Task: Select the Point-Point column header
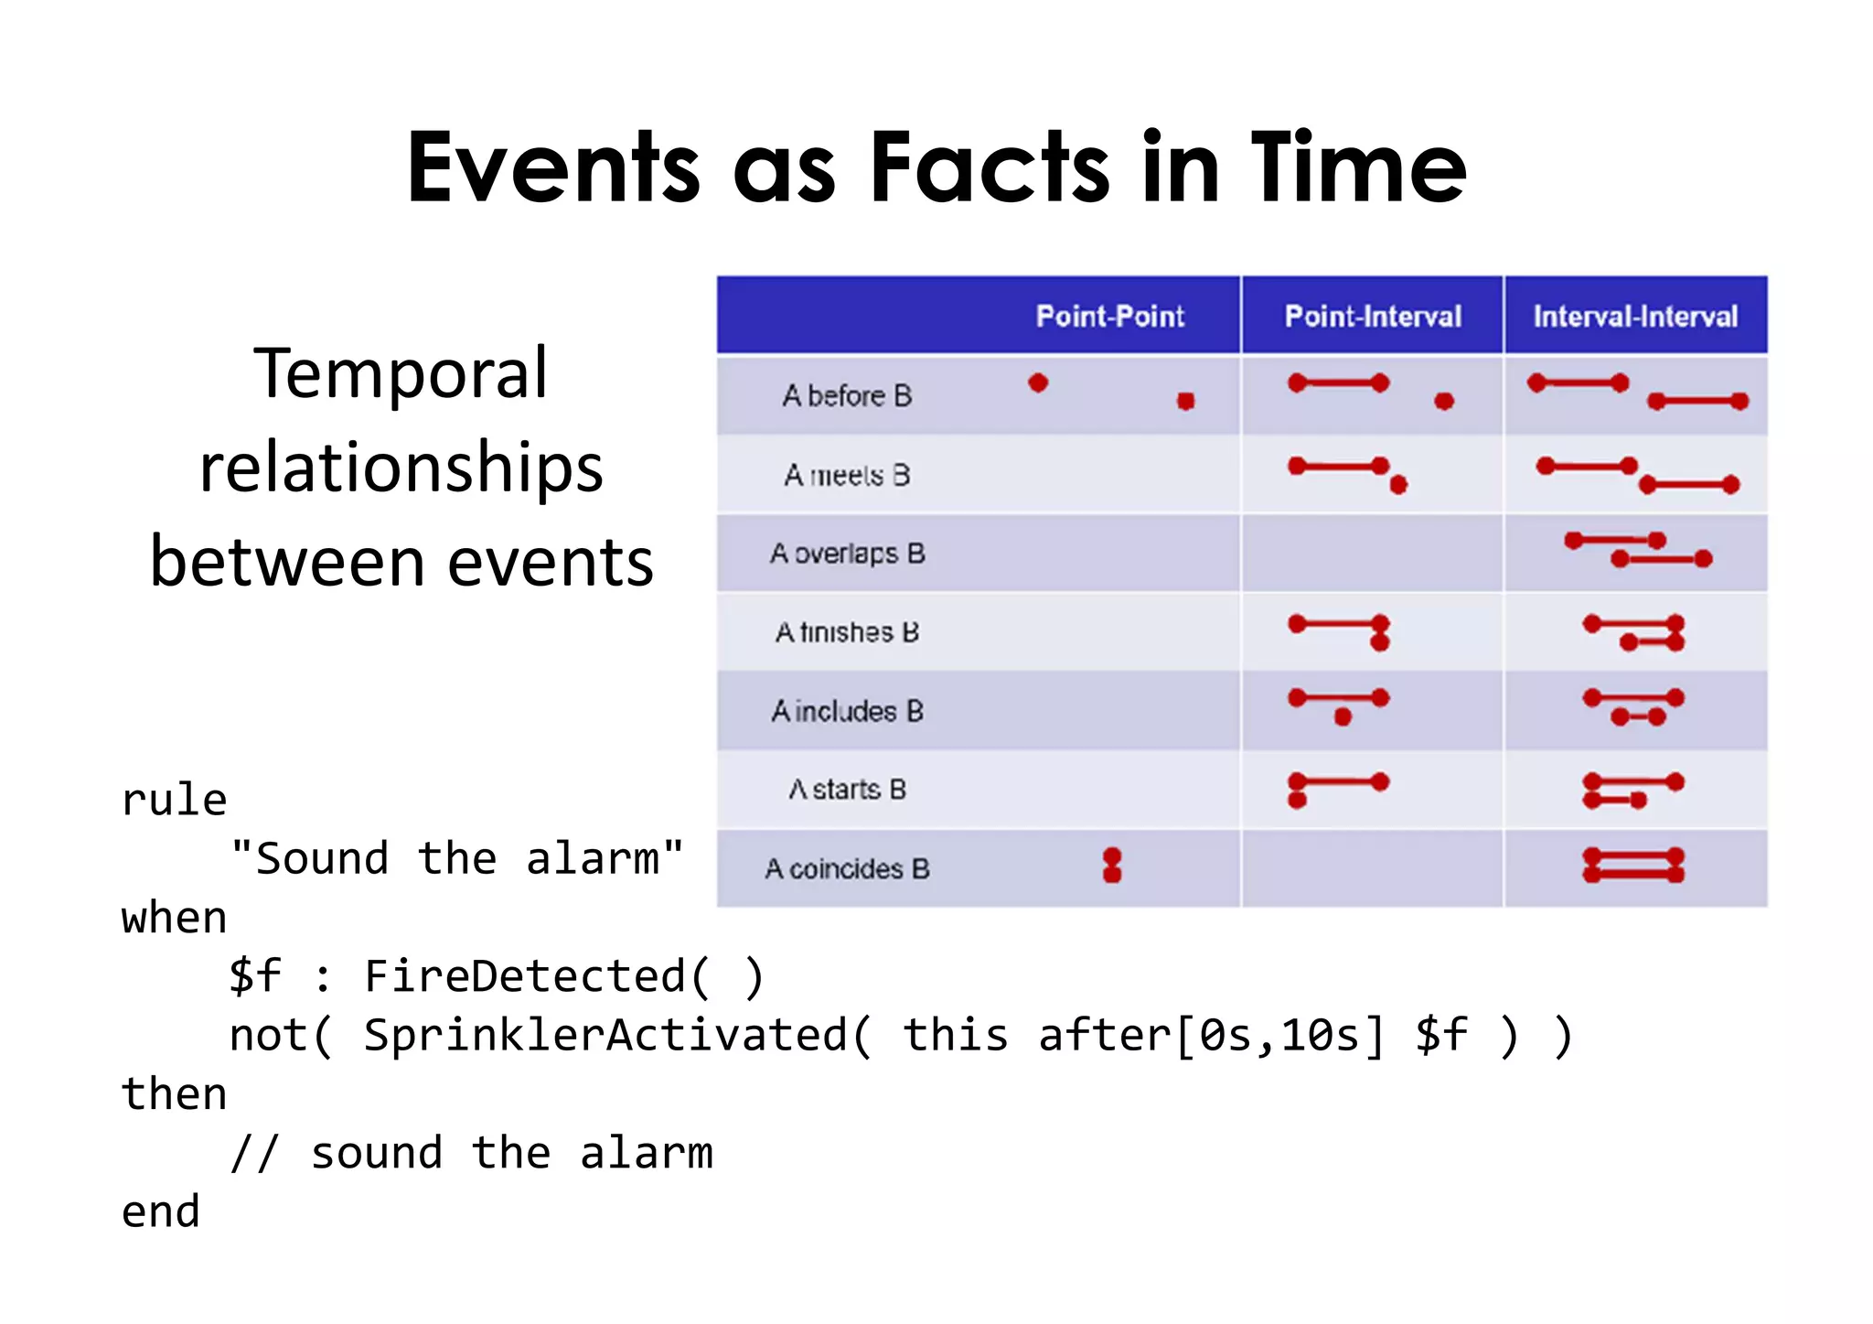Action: (x=1109, y=317)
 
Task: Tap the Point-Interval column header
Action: (x=1373, y=317)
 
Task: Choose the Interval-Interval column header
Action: (x=1635, y=317)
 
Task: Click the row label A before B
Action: (x=847, y=395)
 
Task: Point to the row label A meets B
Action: (x=847, y=475)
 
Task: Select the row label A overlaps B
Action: (x=847, y=554)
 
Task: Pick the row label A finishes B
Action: (x=847, y=632)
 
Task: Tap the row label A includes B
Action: (x=847, y=711)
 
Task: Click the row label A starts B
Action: (x=847, y=790)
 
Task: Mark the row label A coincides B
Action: (x=847, y=868)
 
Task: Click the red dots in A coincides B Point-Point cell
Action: (x=1112, y=865)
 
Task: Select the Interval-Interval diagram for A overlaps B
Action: (x=1637, y=550)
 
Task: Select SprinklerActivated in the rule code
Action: (x=605, y=1035)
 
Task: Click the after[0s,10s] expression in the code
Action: (x=1211, y=1035)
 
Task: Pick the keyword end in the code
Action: (x=161, y=1211)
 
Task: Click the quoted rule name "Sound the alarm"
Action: (x=456, y=858)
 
